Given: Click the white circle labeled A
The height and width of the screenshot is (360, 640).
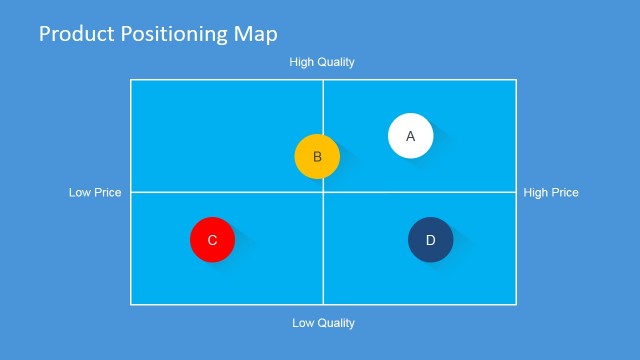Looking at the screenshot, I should pos(410,136).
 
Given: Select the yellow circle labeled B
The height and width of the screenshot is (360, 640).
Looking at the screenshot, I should pos(317,157).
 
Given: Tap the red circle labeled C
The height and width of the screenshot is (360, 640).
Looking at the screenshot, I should pos(212,240).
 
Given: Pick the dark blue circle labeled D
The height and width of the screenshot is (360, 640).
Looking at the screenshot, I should pos(430,240).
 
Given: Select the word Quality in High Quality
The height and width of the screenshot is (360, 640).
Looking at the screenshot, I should pos(337,62).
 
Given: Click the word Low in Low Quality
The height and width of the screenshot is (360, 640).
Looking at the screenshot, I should pos(303,323).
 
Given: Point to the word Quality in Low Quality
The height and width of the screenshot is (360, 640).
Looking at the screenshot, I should pos(337,323).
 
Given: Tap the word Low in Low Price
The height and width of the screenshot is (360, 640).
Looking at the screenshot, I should pos(80,192).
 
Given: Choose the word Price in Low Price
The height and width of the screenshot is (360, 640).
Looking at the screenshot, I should pos(108,192).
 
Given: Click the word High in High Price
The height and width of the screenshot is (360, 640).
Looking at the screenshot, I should pos(536,192).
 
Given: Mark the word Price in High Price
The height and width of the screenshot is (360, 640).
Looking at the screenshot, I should pos(565,192).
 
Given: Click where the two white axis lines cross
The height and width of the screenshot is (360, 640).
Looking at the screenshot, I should pos(323,192).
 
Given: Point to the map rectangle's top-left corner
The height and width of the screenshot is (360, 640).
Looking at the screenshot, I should pos(131,80).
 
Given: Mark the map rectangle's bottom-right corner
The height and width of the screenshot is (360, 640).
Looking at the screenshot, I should pos(516,304).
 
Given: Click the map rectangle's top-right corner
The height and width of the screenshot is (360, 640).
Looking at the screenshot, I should pos(516,80).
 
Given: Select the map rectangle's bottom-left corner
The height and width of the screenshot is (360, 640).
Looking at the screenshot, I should pos(131,304).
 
